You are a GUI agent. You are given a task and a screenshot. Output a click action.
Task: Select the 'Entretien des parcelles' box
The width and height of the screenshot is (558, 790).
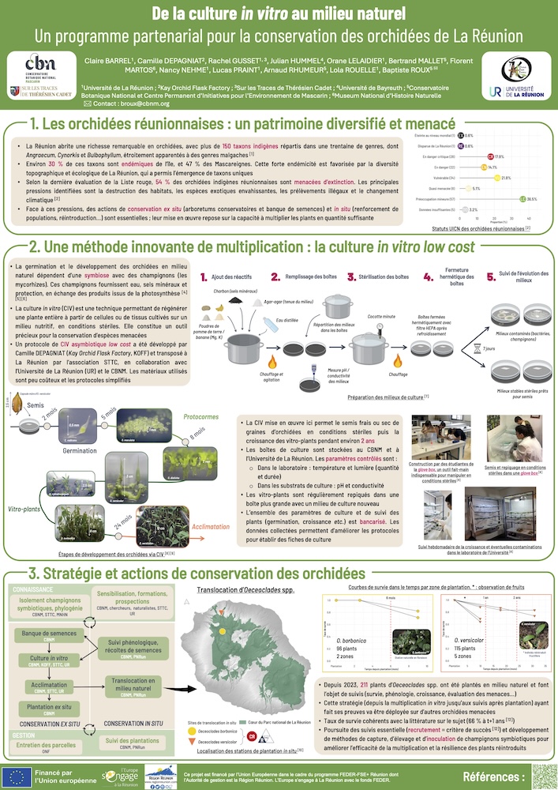coord(47,740)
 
